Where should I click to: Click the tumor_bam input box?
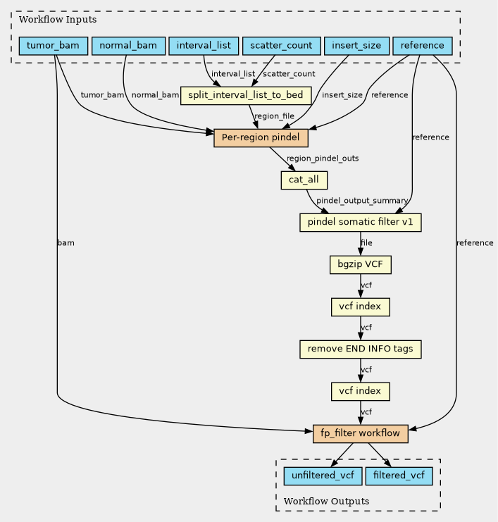(x=54, y=46)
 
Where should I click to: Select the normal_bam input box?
(x=128, y=46)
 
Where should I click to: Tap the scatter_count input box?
(x=281, y=46)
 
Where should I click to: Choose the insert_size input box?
(x=356, y=46)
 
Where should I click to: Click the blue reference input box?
(x=423, y=46)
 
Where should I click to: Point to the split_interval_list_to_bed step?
(x=246, y=96)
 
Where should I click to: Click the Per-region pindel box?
(x=261, y=138)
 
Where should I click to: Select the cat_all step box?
(x=304, y=180)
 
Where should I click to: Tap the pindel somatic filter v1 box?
(x=360, y=223)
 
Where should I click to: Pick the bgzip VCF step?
(x=360, y=265)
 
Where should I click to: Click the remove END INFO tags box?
(x=360, y=349)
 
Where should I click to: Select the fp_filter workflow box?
(x=360, y=434)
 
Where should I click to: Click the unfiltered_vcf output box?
(x=323, y=476)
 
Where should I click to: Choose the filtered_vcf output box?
(x=399, y=476)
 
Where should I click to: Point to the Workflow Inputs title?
(x=58, y=20)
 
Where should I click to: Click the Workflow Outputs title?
(x=326, y=502)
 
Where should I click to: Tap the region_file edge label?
(x=274, y=116)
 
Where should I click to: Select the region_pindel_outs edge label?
(x=323, y=159)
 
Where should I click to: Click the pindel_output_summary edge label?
(x=362, y=201)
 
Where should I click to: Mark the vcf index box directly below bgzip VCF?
(x=360, y=307)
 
